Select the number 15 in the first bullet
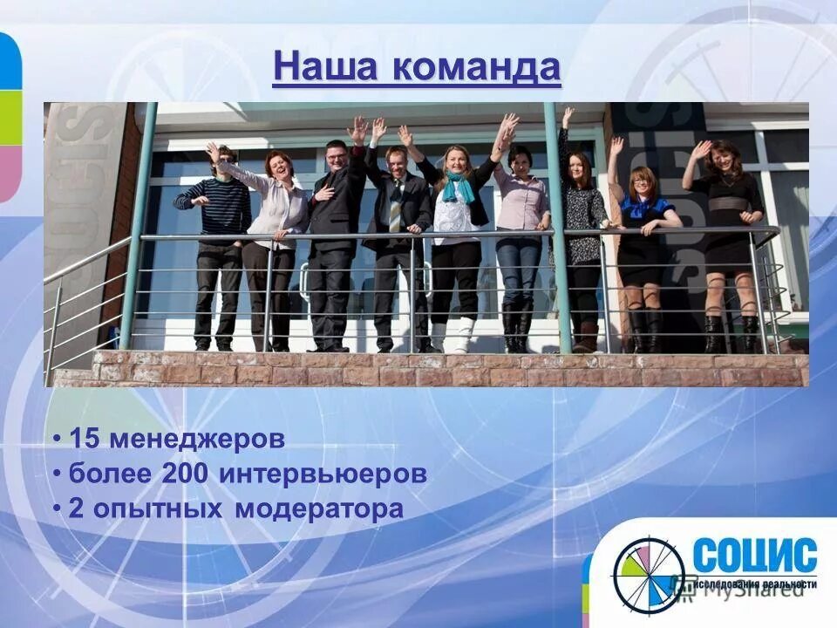pyautogui.click(x=85, y=439)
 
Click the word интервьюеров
pyautogui.click(x=323, y=474)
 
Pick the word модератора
pyautogui.click(x=319, y=509)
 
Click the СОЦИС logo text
pyautogui.click(x=755, y=556)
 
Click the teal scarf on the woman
pyautogui.click(x=456, y=187)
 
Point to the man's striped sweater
pyautogui.click(x=214, y=206)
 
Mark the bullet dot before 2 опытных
pyautogui.click(x=57, y=509)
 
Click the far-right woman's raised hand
pyautogui.click(x=700, y=149)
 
